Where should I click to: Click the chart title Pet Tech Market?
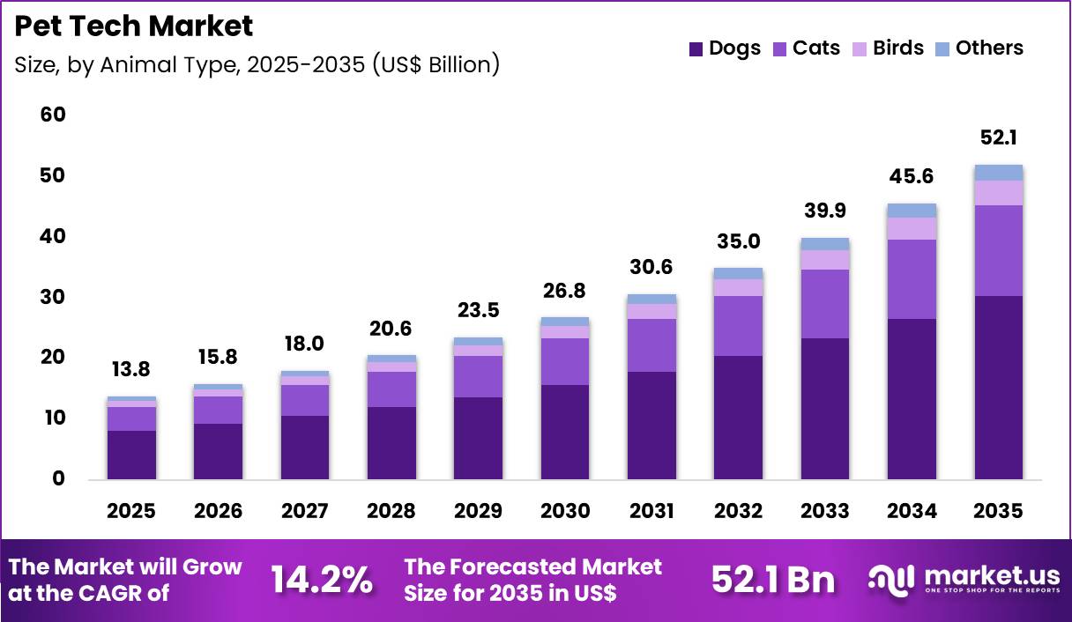(134, 26)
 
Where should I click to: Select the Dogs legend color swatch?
(696, 49)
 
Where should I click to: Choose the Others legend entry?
(979, 48)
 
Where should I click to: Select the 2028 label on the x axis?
(391, 511)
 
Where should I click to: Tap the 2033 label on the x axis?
(825, 511)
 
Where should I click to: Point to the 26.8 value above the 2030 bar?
(564, 291)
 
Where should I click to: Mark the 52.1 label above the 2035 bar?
(999, 138)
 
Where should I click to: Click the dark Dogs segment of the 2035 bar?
(999, 388)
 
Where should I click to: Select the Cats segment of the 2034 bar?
(912, 278)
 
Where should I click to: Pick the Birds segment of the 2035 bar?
(999, 193)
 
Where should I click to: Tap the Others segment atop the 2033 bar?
(825, 244)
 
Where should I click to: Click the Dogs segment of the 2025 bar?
(130, 455)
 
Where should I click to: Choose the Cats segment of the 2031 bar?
(651, 345)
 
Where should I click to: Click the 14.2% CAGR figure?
(321, 580)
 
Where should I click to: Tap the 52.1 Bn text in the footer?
(772, 580)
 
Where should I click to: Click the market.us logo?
(964, 579)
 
